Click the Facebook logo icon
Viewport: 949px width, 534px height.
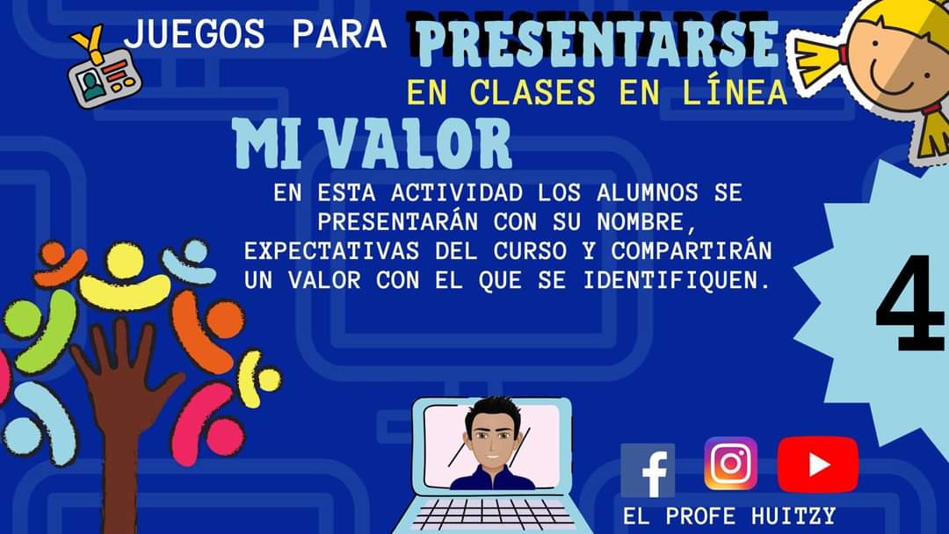tap(648, 471)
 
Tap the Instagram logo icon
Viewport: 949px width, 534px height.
tap(730, 463)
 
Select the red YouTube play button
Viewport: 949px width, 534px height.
tap(818, 465)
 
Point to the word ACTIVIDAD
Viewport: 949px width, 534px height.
tap(457, 193)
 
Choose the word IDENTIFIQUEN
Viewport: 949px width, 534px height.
tap(677, 280)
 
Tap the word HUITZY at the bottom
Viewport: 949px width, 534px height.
tap(793, 516)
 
